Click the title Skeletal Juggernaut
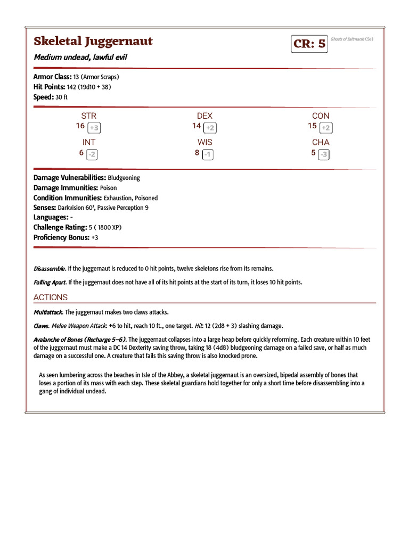click(x=93, y=41)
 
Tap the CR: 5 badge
click(x=309, y=44)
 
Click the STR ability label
click(x=89, y=115)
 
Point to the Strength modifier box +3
click(x=94, y=128)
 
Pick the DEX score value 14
click(x=197, y=126)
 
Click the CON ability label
click(x=321, y=115)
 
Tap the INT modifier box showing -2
click(x=92, y=154)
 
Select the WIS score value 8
click(x=197, y=153)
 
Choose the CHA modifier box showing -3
click(x=323, y=154)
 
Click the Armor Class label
click(x=52, y=77)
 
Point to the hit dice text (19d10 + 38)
click(x=95, y=87)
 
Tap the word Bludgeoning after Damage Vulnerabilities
click(x=124, y=178)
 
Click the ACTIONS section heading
click(x=51, y=297)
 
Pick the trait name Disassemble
click(x=50, y=269)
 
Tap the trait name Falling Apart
click(x=49, y=282)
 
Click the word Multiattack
click(x=48, y=312)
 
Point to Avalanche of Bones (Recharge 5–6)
click(x=80, y=340)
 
